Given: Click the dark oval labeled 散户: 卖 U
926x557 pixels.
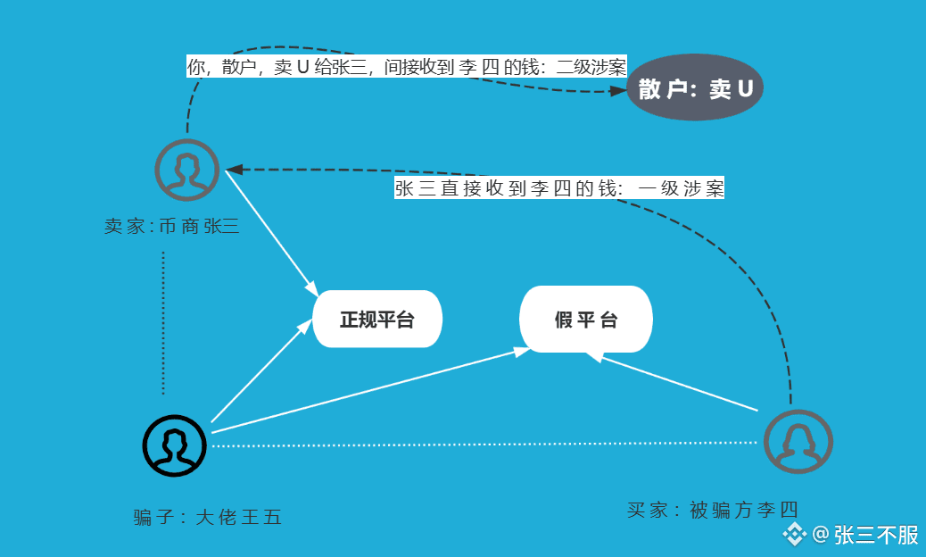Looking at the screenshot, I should tap(695, 88).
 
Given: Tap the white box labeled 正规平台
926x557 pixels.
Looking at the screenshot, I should tap(377, 320).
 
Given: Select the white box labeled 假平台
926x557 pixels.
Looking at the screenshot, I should tap(586, 320).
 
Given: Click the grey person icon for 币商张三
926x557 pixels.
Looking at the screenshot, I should tap(186, 170).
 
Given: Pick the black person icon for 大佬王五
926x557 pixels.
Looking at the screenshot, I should tap(175, 445).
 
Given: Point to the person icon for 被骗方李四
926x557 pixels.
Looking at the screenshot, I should tap(798, 442).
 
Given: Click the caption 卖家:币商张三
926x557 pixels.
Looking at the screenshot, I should tap(171, 227).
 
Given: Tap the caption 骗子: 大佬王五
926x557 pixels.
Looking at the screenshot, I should tap(207, 517).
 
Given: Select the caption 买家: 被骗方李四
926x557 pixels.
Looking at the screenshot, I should tap(712, 511).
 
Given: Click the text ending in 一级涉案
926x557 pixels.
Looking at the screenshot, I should tap(558, 188).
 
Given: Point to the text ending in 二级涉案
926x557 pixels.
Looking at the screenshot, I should tap(406, 67).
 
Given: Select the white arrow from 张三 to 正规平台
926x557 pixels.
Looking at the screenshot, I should tap(269, 230).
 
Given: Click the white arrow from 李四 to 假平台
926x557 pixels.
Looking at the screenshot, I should tap(678, 383).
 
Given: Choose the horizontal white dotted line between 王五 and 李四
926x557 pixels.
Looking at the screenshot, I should tap(486, 444).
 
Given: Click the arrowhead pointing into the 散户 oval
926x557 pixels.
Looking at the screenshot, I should tap(618, 91).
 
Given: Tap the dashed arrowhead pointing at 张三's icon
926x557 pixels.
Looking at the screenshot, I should tap(235, 169).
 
